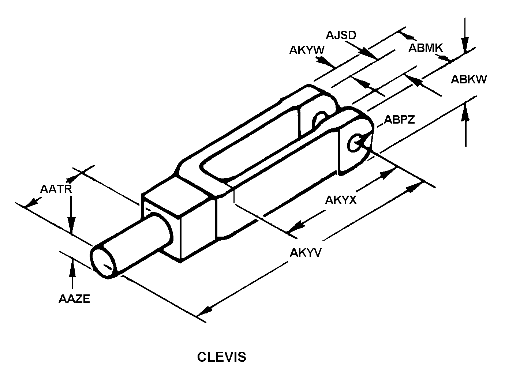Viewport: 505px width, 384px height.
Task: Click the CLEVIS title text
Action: (221, 357)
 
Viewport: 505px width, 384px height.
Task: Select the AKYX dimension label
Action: (340, 200)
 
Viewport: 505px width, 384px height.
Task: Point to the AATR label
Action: (56, 189)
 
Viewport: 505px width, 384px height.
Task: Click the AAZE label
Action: (74, 299)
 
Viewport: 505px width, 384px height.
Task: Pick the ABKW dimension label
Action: (468, 79)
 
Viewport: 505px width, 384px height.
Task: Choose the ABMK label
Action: (426, 48)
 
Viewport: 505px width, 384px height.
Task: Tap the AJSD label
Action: (341, 35)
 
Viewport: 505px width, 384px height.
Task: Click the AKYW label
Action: (307, 50)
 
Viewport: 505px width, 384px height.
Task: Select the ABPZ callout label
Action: (399, 120)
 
